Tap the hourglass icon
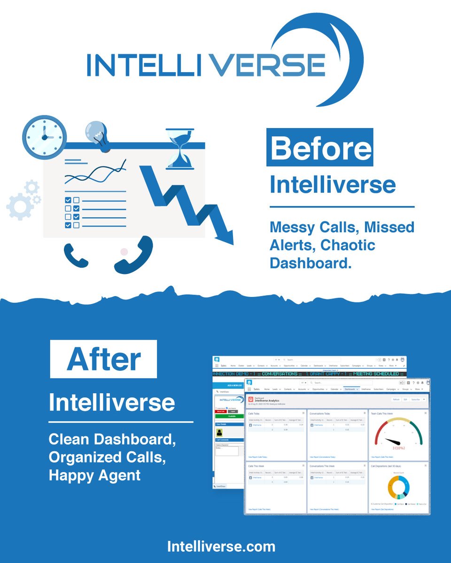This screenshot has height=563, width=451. (x=179, y=148)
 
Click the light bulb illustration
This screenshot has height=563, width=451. (x=98, y=134)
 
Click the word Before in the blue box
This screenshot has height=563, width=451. (x=320, y=148)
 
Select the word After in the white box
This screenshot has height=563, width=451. (x=103, y=359)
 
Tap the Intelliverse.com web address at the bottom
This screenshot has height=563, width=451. (x=221, y=546)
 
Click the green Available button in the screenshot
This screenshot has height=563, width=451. (x=229, y=416)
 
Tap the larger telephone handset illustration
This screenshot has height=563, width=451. (x=134, y=256)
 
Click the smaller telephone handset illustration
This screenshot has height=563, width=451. (x=76, y=256)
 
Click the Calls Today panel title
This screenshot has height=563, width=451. (x=254, y=413)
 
